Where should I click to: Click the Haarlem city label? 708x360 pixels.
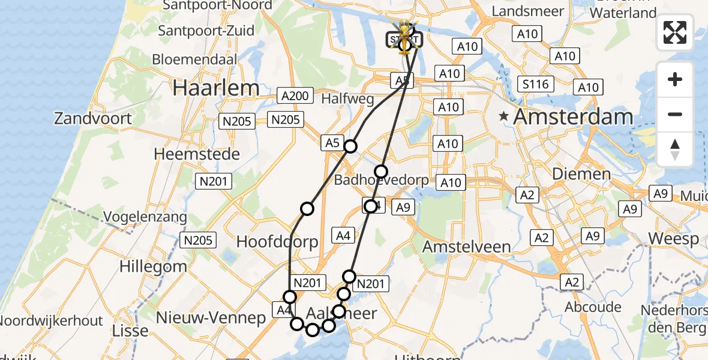point(216,88)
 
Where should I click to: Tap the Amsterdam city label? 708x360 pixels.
point(573,116)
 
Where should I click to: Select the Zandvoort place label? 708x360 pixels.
point(93,118)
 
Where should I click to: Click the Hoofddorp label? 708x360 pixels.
point(277,241)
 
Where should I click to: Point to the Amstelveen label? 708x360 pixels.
point(466,246)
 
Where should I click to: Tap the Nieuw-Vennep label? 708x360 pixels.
point(211,318)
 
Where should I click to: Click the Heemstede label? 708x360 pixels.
point(197,154)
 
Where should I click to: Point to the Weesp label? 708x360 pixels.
point(673,239)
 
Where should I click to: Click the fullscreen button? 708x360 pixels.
point(675,32)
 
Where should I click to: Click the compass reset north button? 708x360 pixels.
point(675,149)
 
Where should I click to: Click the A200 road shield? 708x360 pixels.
point(295,95)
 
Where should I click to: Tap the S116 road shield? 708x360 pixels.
point(535,84)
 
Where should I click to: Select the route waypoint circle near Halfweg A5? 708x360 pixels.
point(350,146)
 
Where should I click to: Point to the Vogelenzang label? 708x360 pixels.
point(145,217)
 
